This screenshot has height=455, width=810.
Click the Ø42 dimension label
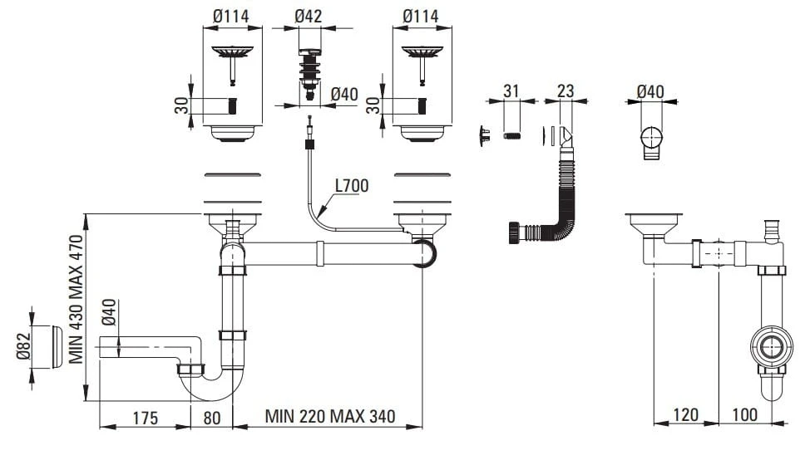pyautogui.click(x=309, y=16)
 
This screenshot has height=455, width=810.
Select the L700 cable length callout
pyautogui.click(x=352, y=185)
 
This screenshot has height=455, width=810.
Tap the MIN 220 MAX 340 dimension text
pyautogui.click(x=330, y=416)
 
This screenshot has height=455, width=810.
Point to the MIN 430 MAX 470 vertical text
pyautogui.click(x=76, y=299)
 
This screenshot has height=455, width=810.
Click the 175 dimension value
pyautogui.click(x=146, y=418)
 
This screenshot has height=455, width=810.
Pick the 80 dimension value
pyautogui.click(x=212, y=418)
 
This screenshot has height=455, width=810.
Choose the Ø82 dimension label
pyautogui.click(x=24, y=347)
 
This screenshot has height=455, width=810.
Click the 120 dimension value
pyautogui.click(x=685, y=414)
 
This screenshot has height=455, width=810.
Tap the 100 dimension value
pyautogui.click(x=744, y=414)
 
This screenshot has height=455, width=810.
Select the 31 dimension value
pyautogui.click(x=511, y=91)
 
